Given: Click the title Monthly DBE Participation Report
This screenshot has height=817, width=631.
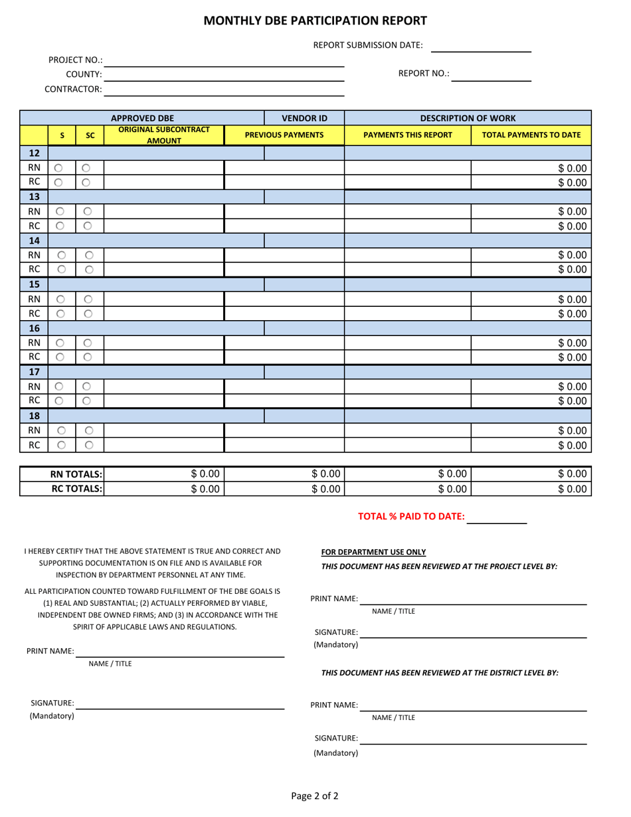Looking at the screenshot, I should click(x=315, y=21).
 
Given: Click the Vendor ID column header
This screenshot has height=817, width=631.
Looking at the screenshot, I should click(x=304, y=118).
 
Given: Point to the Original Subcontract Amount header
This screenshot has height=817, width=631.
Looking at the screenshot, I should click(x=164, y=135).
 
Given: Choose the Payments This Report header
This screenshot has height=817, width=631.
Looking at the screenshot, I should click(x=408, y=135).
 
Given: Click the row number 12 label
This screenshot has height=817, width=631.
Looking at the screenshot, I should click(x=34, y=153).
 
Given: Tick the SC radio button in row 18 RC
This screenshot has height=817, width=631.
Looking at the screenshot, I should click(x=89, y=445).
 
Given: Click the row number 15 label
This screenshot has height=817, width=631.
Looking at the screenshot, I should click(x=34, y=284).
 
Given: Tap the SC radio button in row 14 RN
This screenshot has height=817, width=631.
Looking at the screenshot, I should click(x=89, y=254).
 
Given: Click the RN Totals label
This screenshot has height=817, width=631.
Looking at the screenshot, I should click(x=76, y=474).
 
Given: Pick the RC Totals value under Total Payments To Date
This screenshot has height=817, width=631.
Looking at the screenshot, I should click(x=531, y=489).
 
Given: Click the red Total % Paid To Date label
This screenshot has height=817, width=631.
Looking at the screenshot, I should click(x=411, y=517).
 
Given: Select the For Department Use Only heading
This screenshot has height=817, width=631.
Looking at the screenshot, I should click(x=373, y=552).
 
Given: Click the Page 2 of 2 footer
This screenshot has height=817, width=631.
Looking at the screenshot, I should click(x=315, y=796).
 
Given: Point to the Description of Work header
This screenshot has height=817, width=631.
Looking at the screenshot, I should click(x=468, y=118).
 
